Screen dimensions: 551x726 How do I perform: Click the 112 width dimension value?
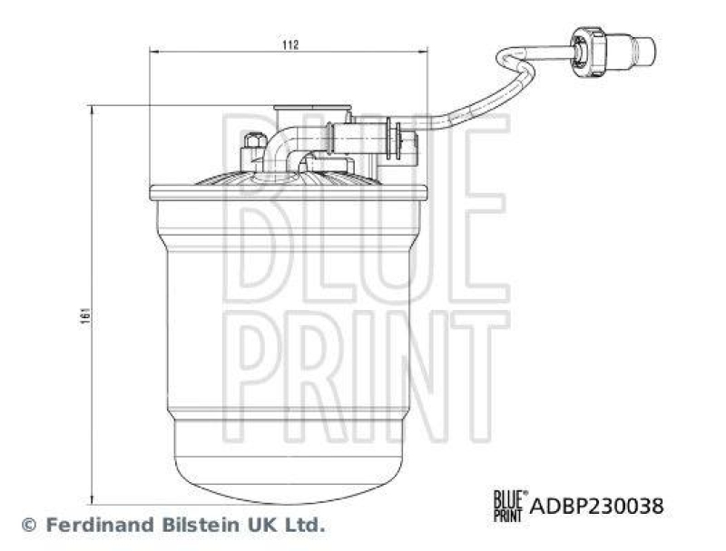coord(289,43)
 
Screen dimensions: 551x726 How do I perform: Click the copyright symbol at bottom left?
coord(28,525)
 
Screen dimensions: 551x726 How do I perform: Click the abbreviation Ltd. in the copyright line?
coord(305,524)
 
